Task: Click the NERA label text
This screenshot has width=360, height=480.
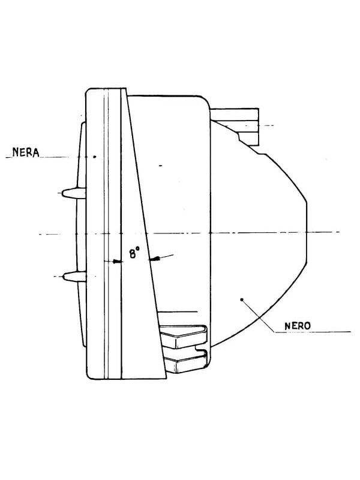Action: [x=26, y=152]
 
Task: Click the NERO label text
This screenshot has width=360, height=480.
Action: [x=298, y=326]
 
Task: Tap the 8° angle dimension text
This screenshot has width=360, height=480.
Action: [x=134, y=253]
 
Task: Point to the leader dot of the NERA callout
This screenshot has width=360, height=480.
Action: [x=95, y=157]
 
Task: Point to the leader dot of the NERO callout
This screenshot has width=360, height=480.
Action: [x=242, y=299]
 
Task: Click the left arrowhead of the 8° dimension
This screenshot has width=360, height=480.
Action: [x=117, y=262]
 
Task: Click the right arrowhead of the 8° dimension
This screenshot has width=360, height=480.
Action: [x=155, y=259]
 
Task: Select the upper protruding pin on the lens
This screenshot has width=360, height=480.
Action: [x=74, y=193]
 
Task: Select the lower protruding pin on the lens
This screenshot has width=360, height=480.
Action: [x=74, y=277]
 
